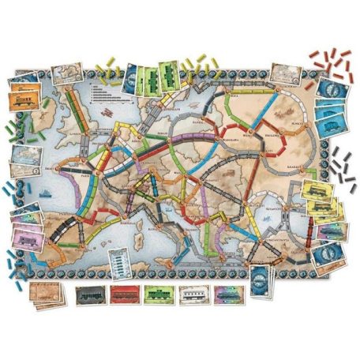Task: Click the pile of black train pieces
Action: pyautogui.click(x=342, y=162)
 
